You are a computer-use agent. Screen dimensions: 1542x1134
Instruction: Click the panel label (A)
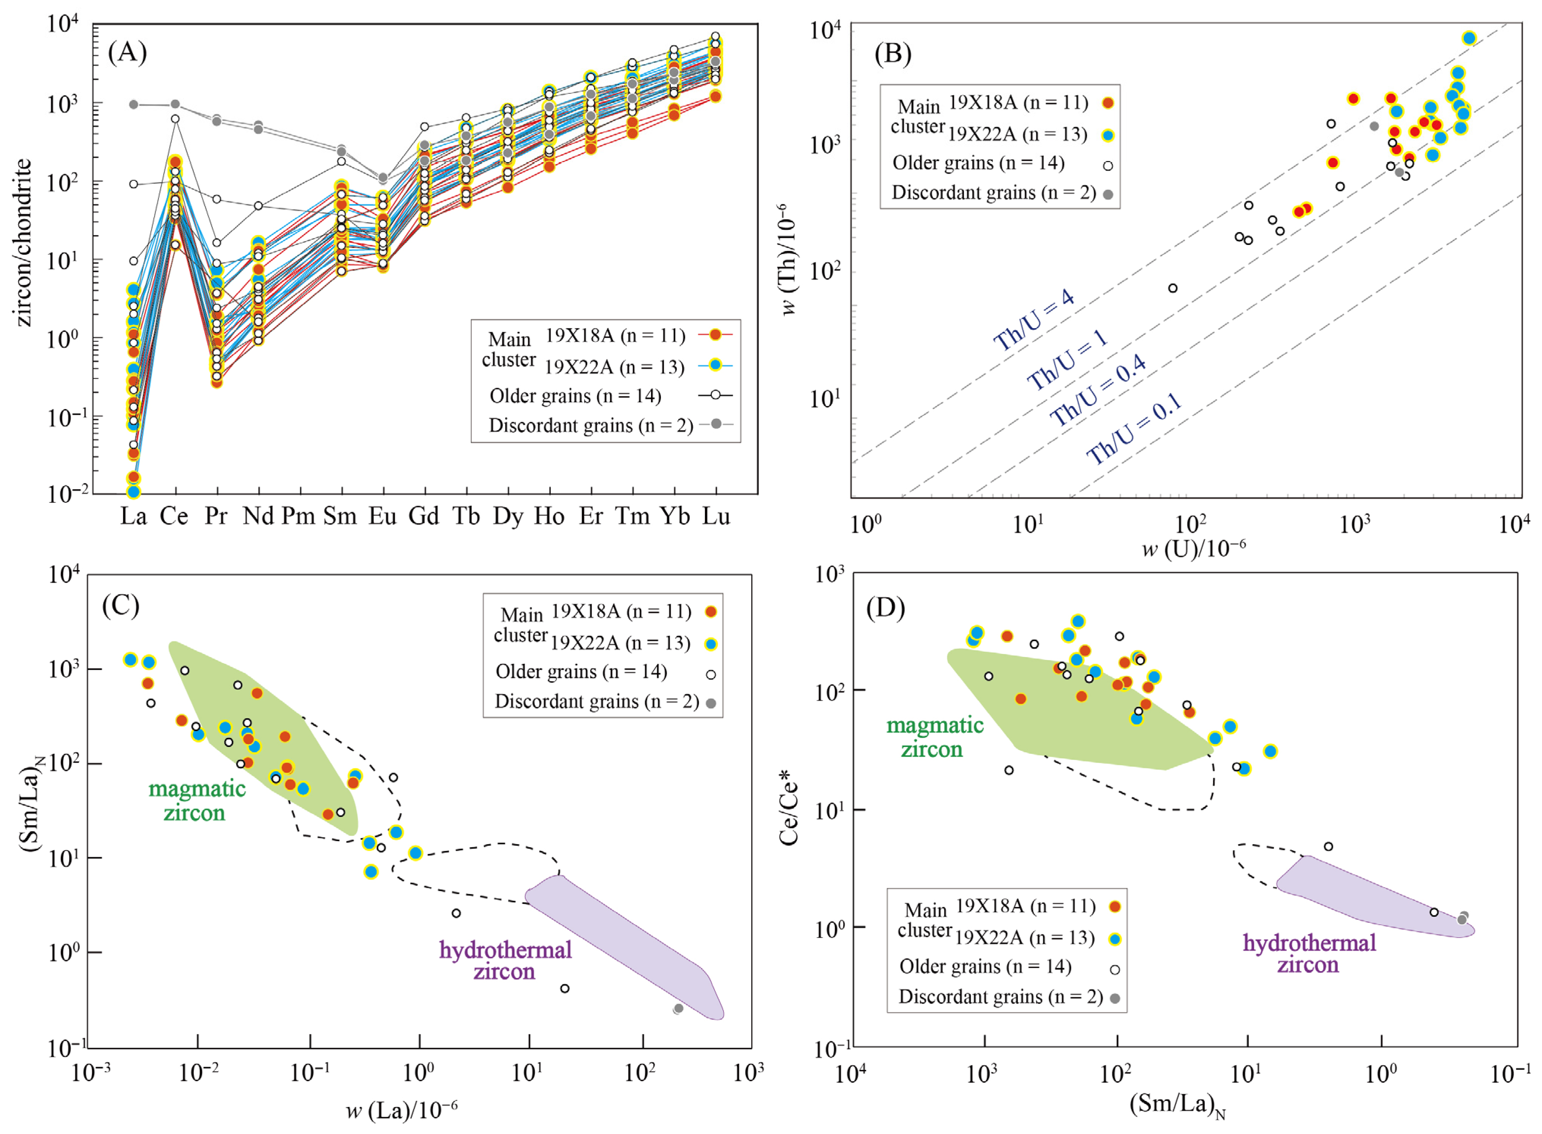128,52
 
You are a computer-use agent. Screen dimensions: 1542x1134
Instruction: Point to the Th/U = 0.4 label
1099,390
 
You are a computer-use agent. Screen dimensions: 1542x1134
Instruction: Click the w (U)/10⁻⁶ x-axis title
1194,547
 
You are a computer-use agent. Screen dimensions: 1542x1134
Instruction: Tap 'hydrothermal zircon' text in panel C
505,960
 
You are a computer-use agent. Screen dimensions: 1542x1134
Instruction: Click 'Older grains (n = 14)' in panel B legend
978,163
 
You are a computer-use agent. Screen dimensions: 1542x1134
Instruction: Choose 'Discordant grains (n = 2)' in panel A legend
591,426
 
